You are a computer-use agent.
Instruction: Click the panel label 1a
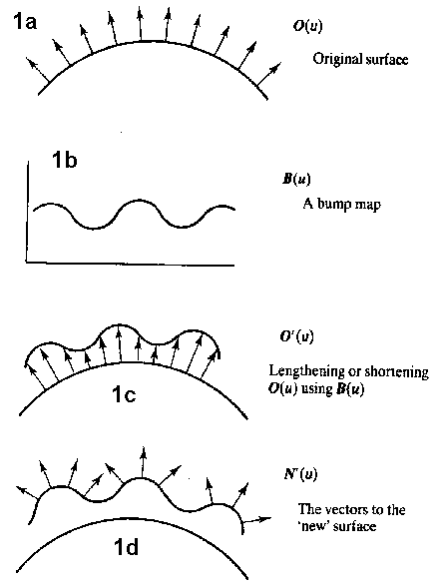(x=26, y=21)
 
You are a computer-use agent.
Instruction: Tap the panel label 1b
(x=65, y=160)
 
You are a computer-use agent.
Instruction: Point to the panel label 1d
(x=126, y=547)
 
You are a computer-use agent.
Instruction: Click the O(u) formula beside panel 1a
(x=307, y=26)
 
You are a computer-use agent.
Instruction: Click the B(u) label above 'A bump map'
(x=296, y=179)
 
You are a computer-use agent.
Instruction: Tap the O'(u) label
(x=296, y=336)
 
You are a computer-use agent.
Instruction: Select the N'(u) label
(x=300, y=474)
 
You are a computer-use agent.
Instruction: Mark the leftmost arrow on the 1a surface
(x=38, y=70)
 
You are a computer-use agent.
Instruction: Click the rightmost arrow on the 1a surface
(x=269, y=74)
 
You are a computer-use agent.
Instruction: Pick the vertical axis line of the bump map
(x=28, y=211)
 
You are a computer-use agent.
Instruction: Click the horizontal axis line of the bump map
(x=131, y=264)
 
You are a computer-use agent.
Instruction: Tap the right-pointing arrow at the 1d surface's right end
(x=257, y=520)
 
